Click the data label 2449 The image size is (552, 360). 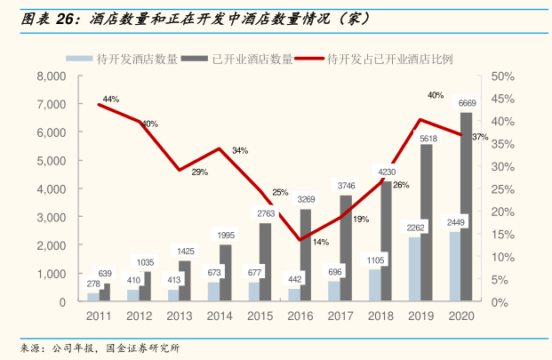pos(455,221)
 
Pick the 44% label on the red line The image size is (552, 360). pos(111,99)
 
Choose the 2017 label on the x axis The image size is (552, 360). pos(340,316)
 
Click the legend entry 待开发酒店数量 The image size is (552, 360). pos(137,60)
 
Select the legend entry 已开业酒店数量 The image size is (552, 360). pos(251,60)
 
